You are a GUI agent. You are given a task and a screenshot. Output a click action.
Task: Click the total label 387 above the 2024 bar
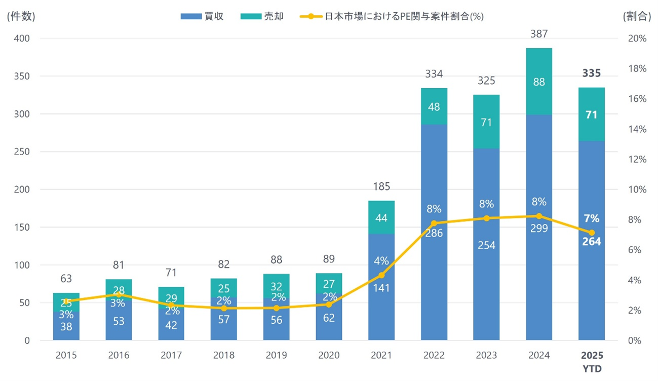pos(539,34)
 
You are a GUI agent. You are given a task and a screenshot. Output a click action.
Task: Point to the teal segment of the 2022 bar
pos(434,106)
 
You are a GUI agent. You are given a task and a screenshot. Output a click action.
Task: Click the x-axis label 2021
pos(381,355)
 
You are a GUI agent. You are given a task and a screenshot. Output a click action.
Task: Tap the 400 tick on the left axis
pos(22,39)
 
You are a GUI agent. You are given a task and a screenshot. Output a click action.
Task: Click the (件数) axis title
pos(21,16)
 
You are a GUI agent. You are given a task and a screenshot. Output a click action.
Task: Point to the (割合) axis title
pos(637,16)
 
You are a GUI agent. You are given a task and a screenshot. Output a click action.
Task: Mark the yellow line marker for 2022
pos(434,223)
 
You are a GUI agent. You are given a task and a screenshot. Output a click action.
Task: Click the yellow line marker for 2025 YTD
pos(591,233)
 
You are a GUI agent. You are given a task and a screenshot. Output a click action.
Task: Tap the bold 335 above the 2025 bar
pos(591,74)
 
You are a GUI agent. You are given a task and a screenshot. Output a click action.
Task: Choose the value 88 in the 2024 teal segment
pos(539,82)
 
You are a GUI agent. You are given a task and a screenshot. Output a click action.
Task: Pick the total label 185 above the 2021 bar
pos(381,187)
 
